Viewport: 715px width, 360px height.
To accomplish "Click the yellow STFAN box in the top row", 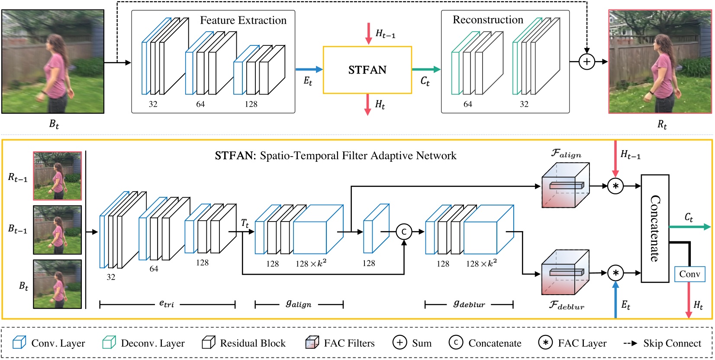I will (367, 70).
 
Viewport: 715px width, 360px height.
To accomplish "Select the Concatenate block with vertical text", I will (654, 228).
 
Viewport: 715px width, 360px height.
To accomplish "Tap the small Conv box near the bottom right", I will (689, 274).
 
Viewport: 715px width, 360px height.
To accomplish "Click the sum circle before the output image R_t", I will (586, 62).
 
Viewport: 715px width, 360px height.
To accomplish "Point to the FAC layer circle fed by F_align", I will (615, 186).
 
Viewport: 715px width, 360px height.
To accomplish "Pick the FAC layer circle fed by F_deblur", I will (615, 273).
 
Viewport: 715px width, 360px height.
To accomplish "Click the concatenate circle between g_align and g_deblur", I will (403, 232).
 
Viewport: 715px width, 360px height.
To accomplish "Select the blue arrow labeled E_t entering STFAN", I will (309, 69).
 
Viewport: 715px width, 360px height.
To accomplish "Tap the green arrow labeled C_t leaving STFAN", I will (426, 69).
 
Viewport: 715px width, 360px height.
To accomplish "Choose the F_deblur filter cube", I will (565, 272).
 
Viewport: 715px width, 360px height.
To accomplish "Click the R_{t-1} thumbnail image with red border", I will (58, 176).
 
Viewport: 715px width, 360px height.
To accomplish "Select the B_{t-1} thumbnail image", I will (58, 230).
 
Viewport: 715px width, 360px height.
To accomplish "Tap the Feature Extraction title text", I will (243, 20).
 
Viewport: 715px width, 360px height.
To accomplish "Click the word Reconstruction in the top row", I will (488, 20).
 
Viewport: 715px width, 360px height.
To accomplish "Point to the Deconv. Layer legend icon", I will (109, 343).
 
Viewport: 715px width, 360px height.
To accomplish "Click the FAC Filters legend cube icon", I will (312, 343).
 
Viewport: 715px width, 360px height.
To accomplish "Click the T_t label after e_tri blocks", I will (245, 223).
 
